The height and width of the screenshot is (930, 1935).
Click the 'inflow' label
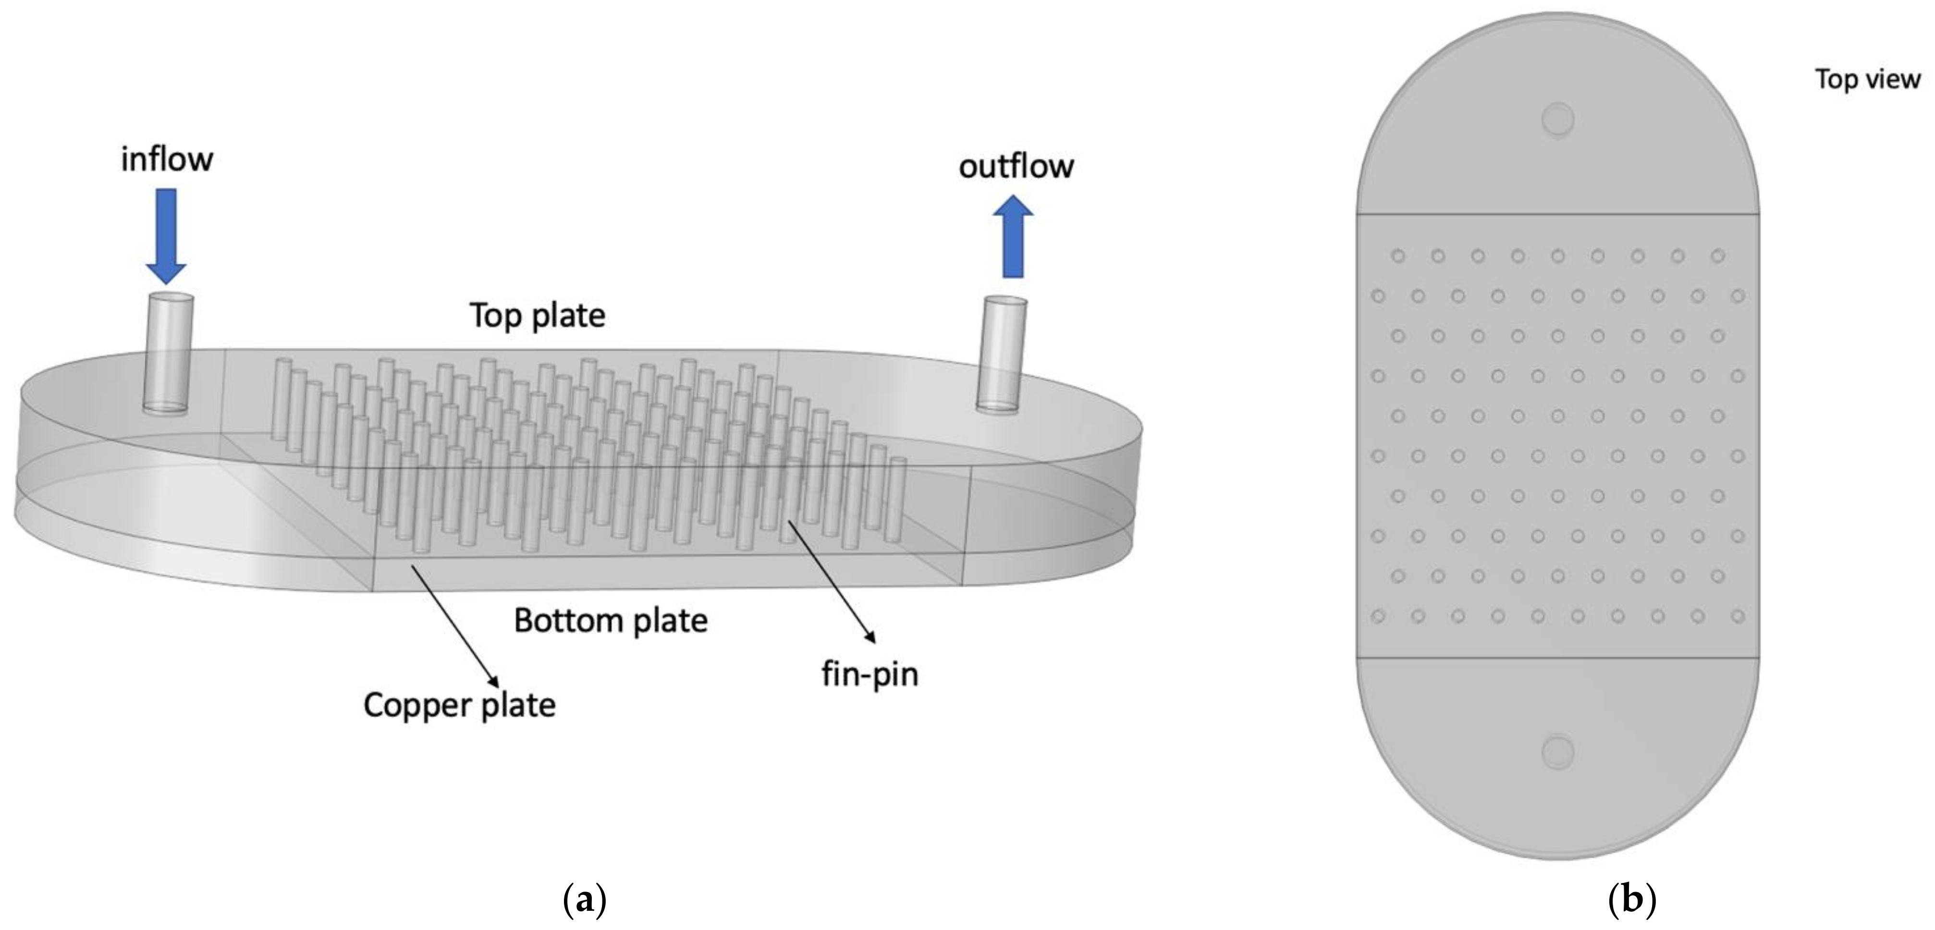(167, 159)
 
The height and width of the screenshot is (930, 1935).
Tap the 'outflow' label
(1016, 166)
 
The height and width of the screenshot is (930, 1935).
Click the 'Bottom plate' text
(611, 621)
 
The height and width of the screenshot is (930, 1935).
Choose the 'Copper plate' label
(459, 705)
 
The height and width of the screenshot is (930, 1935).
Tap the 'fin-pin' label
(870, 674)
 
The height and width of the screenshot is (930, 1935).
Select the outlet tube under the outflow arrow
(1001, 353)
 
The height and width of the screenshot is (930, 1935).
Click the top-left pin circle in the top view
(1398, 256)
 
